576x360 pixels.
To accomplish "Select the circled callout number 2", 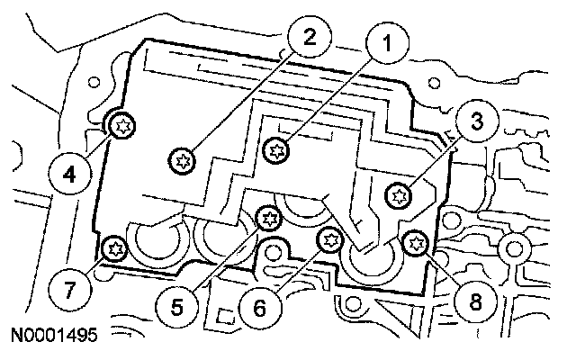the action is pyautogui.click(x=308, y=39).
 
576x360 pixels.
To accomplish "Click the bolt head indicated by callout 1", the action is pyautogui.click(x=276, y=148).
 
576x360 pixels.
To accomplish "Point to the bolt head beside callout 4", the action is pyautogui.click(x=121, y=127).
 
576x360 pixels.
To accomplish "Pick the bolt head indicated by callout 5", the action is pyautogui.click(x=266, y=217).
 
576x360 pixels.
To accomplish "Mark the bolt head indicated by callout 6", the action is pyautogui.click(x=330, y=238).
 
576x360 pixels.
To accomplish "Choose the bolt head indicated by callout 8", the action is pyautogui.click(x=415, y=241).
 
